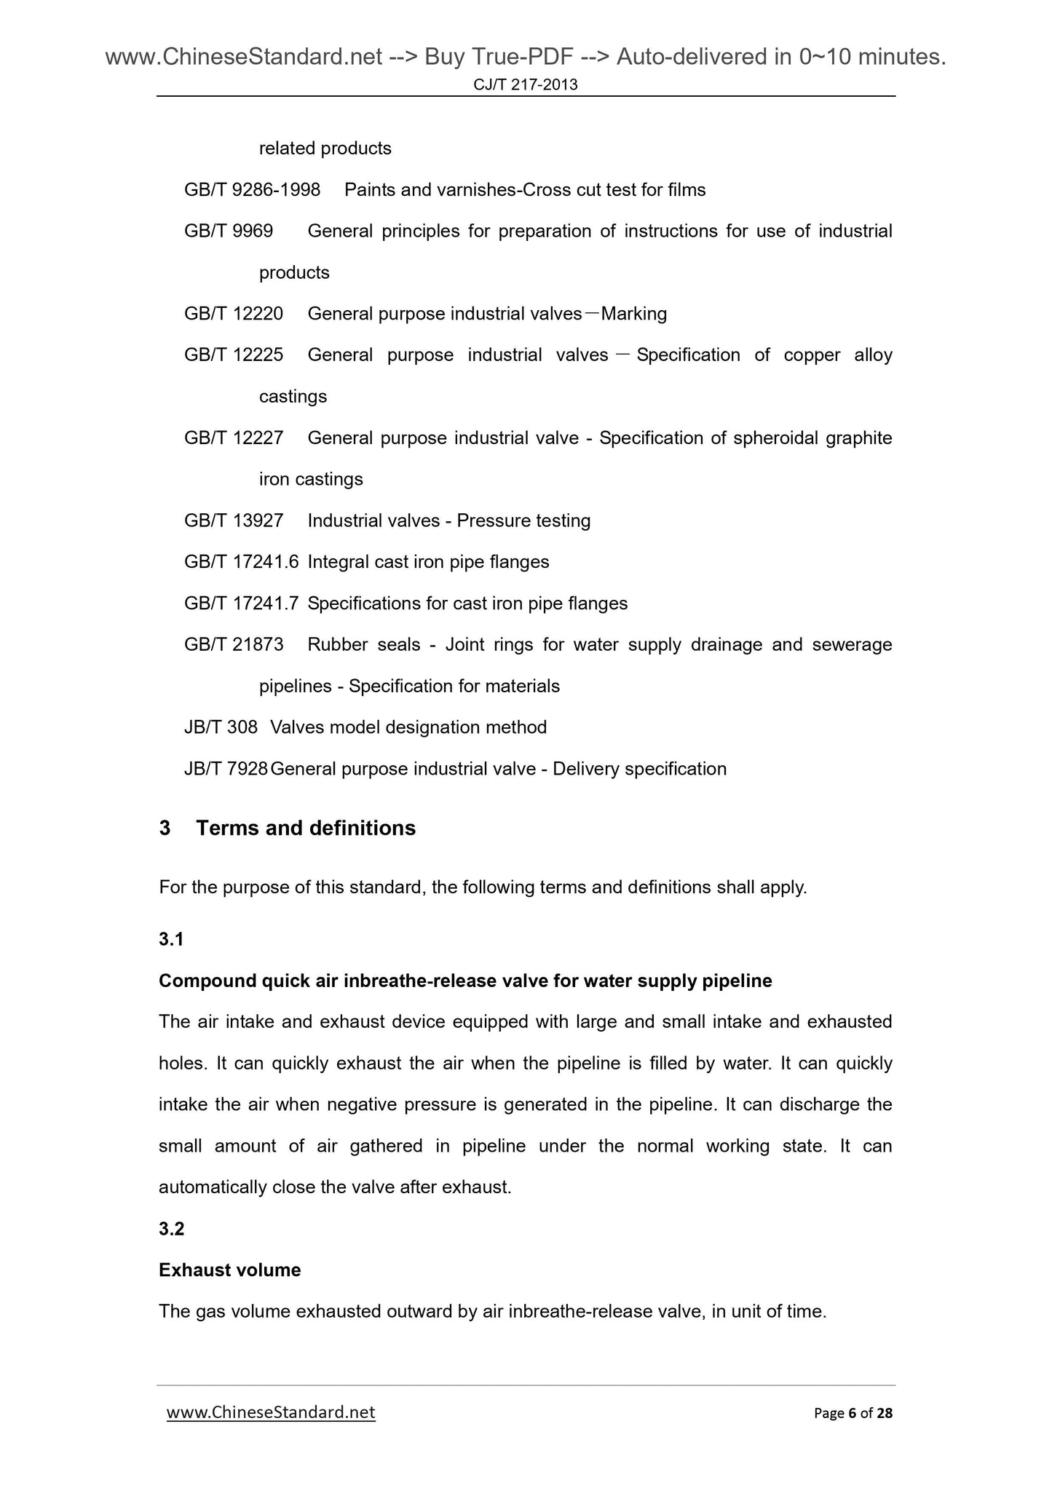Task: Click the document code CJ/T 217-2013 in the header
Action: [525, 85]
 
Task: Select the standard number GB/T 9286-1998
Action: [252, 190]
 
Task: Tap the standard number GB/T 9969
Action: [229, 231]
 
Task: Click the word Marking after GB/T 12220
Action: [633, 314]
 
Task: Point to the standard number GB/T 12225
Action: [234, 355]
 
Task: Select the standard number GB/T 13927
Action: [234, 521]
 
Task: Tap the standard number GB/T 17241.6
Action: [241, 562]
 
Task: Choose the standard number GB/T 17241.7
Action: [241, 603]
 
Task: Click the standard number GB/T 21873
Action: [234, 645]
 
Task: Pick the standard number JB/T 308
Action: [221, 727]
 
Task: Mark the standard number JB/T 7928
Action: [226, 769]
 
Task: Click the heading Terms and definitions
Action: [306, 828]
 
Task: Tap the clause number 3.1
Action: [171, 940]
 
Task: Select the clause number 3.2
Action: [171, 1230]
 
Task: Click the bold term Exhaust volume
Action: [229, 1270]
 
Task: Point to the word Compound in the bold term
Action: [207, 981]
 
